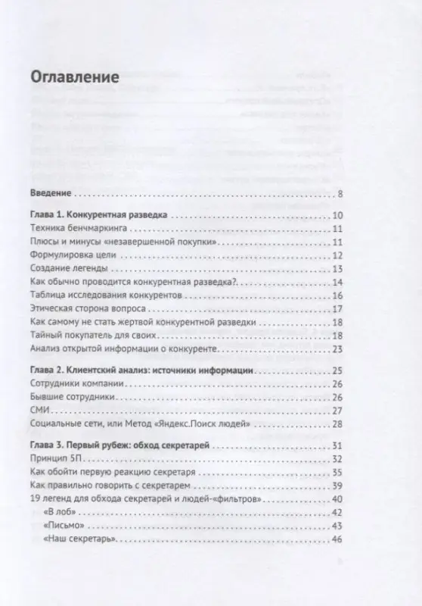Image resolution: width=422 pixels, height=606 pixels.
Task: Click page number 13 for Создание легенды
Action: [x=338, y=269]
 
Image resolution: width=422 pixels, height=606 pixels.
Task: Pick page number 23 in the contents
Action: [x=338, y=349]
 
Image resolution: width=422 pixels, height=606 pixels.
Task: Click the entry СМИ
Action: [x=39, y=411]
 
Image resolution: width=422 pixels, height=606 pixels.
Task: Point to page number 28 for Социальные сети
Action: [x=338, y=424]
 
